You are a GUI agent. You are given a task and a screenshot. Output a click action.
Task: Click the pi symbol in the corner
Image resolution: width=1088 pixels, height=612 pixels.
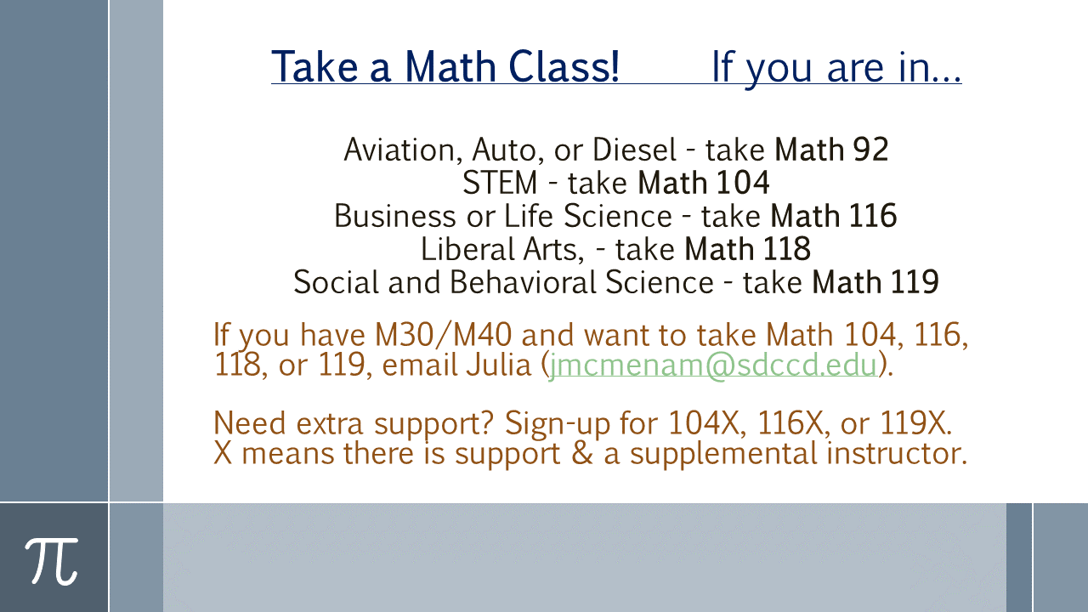[52, 561]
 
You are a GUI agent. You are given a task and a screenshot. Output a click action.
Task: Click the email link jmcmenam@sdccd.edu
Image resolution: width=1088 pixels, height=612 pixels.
[712, 365]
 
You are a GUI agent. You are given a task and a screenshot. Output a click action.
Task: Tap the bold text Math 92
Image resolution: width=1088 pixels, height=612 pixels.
[831, 150]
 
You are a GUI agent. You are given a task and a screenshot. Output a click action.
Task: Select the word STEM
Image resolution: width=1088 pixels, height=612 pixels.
[500, 183]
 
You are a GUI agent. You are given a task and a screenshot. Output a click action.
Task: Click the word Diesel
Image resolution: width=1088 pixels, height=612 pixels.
[634, 150]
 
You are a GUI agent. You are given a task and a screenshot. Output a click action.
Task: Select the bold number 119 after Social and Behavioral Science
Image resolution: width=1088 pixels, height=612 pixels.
[915, 282]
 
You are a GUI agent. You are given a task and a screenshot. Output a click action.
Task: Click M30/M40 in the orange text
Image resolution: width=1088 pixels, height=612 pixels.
[444, 335]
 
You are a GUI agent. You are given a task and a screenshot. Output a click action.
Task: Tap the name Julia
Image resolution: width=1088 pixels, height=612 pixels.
[498, 365]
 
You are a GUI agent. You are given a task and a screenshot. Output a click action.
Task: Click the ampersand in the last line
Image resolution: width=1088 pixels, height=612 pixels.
[582, 454]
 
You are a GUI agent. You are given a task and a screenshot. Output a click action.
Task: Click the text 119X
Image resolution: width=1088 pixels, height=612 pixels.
[915, 423]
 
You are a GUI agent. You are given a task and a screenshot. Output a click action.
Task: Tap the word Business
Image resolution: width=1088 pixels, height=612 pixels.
[395, 216]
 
